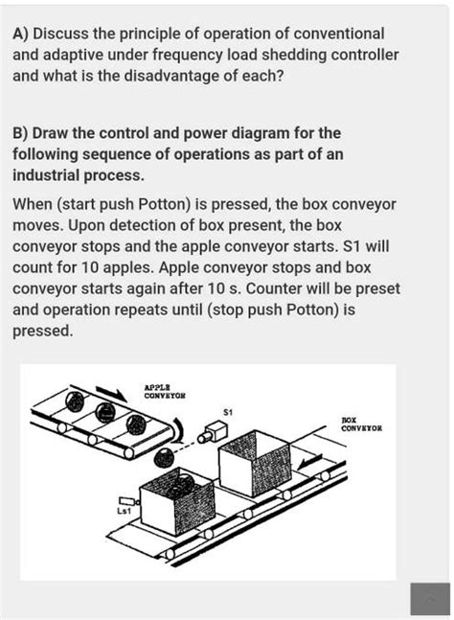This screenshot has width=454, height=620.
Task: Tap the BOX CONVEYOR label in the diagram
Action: point(361,424)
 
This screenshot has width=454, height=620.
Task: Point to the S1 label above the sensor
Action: point(226,413)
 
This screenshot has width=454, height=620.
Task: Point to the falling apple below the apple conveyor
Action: point(165,457)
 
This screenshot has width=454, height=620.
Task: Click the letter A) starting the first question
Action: point(20,34)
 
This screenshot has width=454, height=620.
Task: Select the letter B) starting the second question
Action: point(20,132)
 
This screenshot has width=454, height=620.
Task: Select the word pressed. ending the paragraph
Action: point(40,331)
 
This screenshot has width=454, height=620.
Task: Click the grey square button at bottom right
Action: point(429,598)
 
